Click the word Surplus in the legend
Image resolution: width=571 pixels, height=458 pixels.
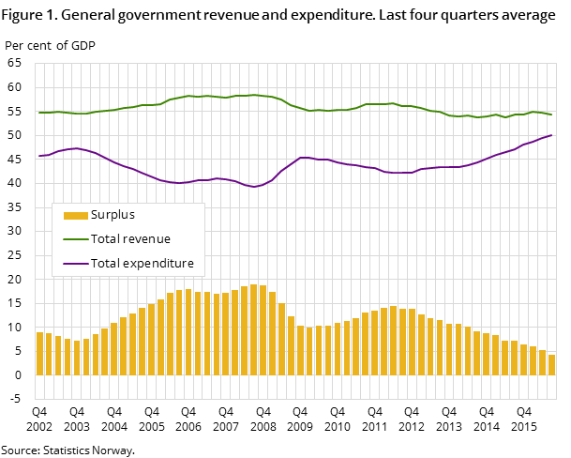tap(113, 215)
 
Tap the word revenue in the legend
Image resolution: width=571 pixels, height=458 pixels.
tap(146, 239)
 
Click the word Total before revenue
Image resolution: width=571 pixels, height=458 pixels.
tap(106, 239)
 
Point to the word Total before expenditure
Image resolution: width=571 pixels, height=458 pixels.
tap(106, 264)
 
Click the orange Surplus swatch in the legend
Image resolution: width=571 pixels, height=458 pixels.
tap(75, 215)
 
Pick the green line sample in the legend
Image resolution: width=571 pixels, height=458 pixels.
tap(75, 239)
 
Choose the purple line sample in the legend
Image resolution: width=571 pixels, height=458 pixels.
tap(75, 264)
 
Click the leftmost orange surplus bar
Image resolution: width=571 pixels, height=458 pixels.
tap(39, 354)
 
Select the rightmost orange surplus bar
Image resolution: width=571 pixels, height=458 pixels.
tap(551, 365)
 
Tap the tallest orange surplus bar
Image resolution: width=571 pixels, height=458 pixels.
tap(254, 329)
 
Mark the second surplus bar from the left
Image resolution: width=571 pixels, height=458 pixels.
tap(49, 355)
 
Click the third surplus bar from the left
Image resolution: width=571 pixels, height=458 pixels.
tap(58, 356)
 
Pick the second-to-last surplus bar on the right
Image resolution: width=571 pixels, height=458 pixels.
tap(542, 362)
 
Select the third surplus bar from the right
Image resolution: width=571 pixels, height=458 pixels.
tap(533, 360)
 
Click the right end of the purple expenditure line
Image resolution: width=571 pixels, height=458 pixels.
tap(551, 135)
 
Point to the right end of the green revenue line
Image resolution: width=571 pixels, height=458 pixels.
tap(551, 114)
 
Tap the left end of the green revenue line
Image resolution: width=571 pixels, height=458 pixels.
tap(39, 113)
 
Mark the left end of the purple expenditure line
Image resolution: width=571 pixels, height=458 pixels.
tap(39, 156)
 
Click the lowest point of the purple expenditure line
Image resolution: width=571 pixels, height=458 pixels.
tap(254, 187)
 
